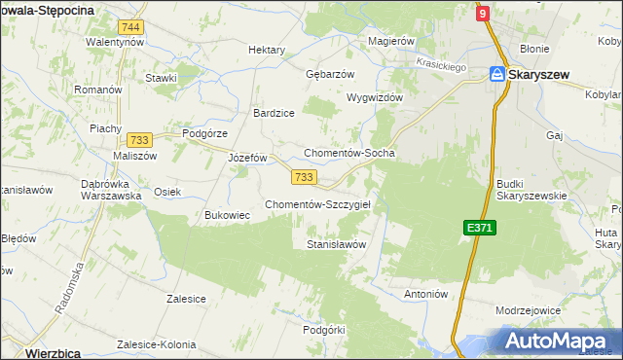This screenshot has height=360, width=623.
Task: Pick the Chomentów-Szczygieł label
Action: click(324, 204)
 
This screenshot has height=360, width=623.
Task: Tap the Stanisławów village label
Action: click(336, 244)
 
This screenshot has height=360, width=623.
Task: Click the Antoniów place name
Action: click(424, 293)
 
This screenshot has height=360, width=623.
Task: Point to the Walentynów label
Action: click(115, 43)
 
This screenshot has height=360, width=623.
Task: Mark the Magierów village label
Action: click(392, 41)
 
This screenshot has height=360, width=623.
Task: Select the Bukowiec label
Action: click(228, 215)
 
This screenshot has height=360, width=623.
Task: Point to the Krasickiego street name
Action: click(442, 62)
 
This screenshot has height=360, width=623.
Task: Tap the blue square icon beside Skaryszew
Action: click(496, 74)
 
